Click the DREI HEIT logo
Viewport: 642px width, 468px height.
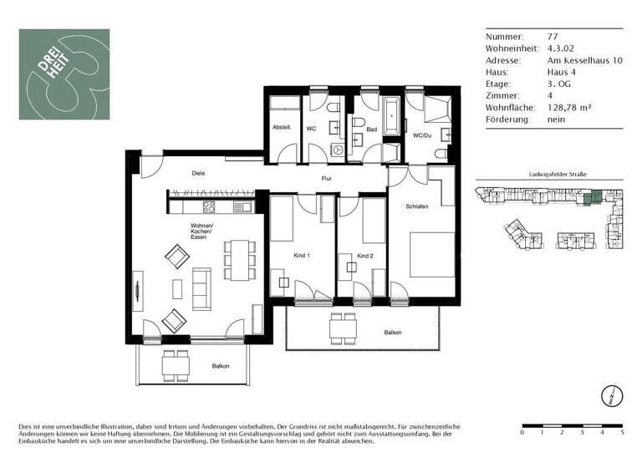(x=64, y=74)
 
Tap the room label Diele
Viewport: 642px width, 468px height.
(x=198, y=173)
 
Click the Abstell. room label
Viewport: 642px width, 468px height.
(x=281, y=128)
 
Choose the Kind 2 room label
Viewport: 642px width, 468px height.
(x=364, y=255)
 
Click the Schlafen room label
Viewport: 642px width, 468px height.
(x=417, y=206)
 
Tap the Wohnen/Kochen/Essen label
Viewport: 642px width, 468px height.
(x=201, y=232)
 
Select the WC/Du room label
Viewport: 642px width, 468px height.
(x=421, y=135)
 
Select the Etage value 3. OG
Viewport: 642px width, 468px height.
(x=558, y=84)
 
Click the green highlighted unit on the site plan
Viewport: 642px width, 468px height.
(x=593, y=197)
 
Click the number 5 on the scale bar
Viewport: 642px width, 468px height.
(x=622, y=433)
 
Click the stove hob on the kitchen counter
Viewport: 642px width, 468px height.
(x=209, y=206)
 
